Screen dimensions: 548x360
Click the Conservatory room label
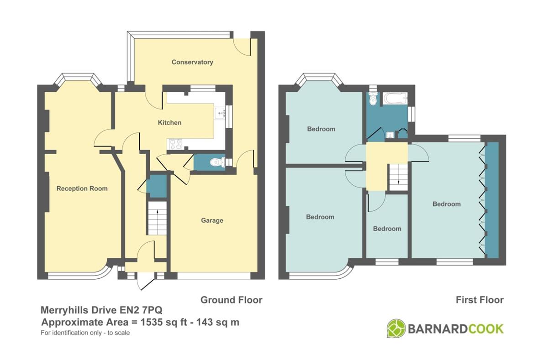point(192,62)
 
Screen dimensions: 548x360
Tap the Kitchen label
point(169,122)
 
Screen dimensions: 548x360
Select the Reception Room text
point(82,188)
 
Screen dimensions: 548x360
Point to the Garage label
point(212,220)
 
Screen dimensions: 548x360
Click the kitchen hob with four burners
point(175,144)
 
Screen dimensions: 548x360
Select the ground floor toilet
point(218,162)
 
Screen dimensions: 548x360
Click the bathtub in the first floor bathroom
point(395,99)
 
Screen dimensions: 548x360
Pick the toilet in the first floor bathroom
point(373,99)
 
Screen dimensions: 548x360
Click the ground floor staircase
point(157,218)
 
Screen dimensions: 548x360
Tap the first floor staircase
point(398,177)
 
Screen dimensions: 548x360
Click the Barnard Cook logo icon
point(396,329)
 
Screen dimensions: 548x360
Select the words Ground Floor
point(231,300)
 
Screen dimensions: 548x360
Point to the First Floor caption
point(480,300)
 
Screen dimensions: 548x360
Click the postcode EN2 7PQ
point(141,310)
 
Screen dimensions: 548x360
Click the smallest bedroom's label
point(387,229)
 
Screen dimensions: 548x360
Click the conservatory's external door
point(242,47)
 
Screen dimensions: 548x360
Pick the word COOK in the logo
point(486,329)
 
